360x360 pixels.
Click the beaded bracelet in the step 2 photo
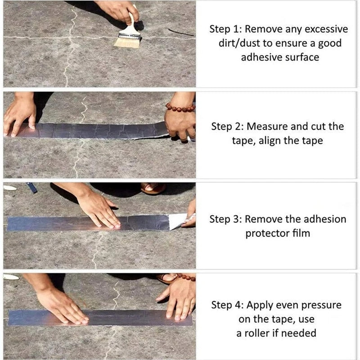[x=180, y=108]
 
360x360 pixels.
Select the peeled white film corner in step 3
[x=178, y=220]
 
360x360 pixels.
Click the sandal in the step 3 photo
[x=153, y=188]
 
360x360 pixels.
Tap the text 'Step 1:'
[x=226, y=29]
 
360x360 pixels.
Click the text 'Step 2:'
[x=228, y=126]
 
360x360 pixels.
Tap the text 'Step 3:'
[x=226, y=220]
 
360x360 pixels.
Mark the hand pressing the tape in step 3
[x=99, y=209]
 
